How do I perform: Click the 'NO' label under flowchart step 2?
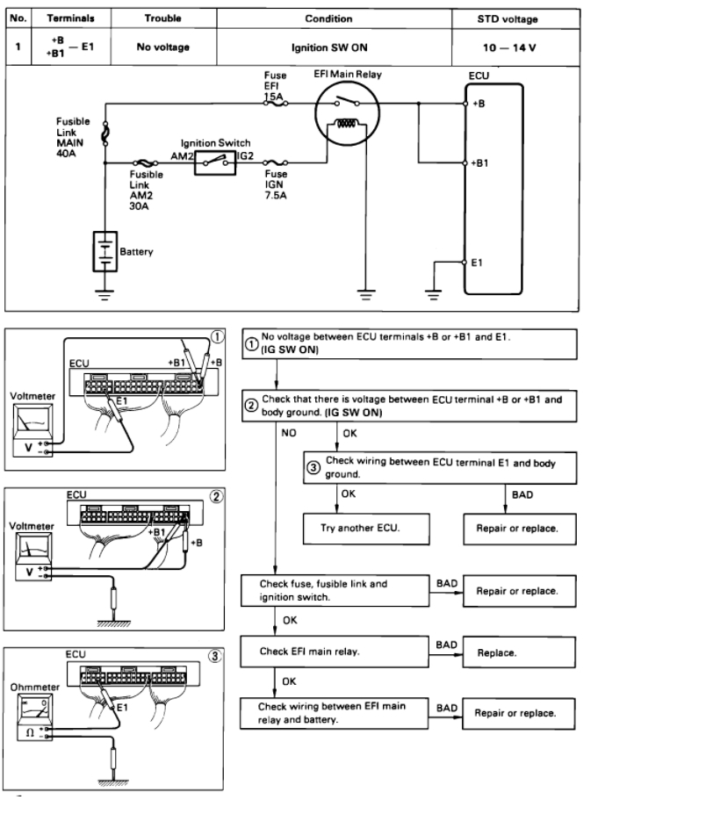click(x=289, y=433)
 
